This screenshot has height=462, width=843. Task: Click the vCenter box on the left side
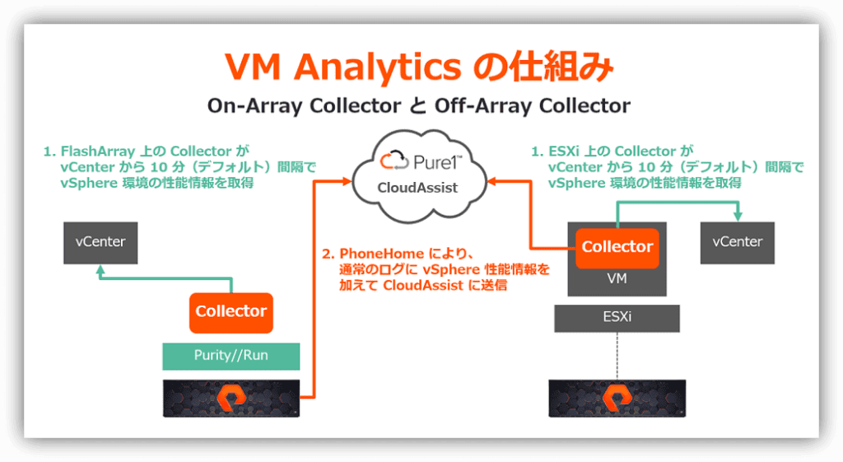100,243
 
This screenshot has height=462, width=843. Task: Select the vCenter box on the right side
737,243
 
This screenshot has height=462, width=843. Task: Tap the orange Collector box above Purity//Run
231,312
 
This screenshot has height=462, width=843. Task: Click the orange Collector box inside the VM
617,248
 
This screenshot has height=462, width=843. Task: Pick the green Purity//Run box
231,356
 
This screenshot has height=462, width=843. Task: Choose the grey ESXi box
617,318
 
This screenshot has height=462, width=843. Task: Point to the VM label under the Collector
617,278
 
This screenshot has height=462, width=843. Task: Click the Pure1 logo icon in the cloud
395,161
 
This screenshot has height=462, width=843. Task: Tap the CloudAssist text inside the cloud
417,188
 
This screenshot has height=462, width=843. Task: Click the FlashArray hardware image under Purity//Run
231,399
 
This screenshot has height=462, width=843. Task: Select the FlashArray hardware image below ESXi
617,399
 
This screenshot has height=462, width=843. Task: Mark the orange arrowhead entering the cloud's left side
347,182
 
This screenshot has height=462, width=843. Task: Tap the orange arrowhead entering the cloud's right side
491,182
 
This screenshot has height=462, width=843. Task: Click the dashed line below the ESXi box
617,356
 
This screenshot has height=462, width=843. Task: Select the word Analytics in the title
377,68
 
